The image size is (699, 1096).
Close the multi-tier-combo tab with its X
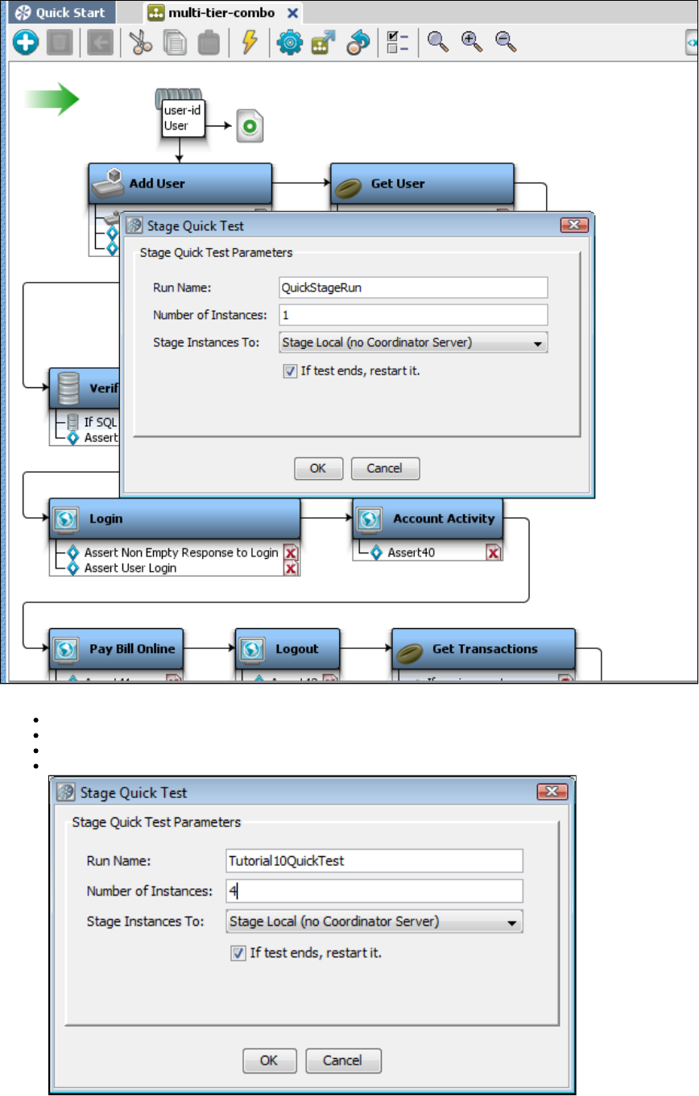coord(293,13)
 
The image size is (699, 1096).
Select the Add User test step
coord(180,184)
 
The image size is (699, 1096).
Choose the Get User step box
coord(422,184)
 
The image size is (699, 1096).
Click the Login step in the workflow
coord(175,519)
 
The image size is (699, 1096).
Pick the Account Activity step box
coord(428,519)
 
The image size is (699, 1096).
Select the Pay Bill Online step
coord(117,649)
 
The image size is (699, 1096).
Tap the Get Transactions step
coord(483,649)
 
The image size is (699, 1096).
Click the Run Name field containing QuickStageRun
coord(412,287)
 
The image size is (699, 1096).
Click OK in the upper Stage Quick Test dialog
coord(318,468)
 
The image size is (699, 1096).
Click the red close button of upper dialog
coord(574,225)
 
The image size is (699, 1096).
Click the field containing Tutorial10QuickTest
coord(374,861)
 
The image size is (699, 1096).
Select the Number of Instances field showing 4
coord(374,891)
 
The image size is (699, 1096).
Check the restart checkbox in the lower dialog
coord(238,953)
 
